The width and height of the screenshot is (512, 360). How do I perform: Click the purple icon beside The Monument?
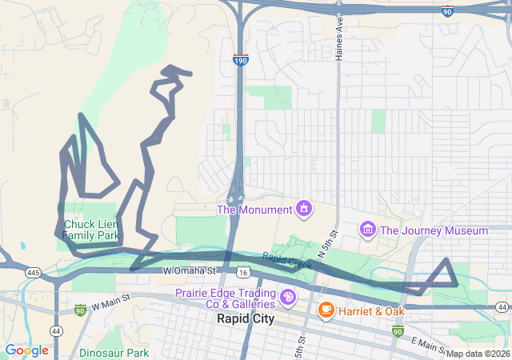click(x=303, y=210)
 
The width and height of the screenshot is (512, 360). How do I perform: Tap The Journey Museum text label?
click(x=434, y=230)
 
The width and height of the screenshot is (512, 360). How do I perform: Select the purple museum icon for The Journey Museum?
click(x=368, y=230)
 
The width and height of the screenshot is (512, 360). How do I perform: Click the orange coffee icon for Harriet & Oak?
click(x=326, y=310)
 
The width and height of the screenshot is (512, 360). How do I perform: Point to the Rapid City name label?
click(x=245, y=318)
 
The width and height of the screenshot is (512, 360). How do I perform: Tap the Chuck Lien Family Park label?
click(x=91, y=230)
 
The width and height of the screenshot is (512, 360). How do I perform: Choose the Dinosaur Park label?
click(x=114, y=352)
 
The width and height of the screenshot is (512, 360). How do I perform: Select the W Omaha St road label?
click(x=190, y=272)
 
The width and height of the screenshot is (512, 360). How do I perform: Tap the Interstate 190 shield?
click(x=240, y=59)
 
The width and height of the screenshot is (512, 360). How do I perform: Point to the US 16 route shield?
click(x=242, y=273)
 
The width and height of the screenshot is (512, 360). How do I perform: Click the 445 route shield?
click(x=33, y=273)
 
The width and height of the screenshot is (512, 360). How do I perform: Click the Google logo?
click(x=26, y=350)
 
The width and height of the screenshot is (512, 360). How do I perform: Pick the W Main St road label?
click(x=110, y=305)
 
